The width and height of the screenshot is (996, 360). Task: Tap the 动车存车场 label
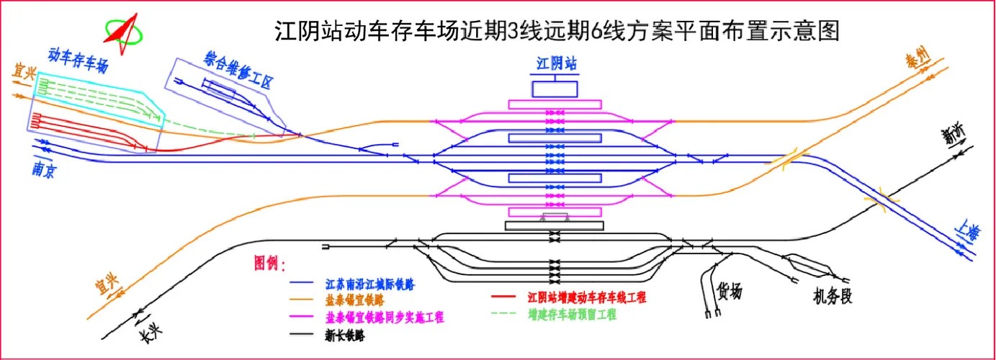click(x=78, y=61)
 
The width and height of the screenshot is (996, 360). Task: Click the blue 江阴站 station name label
click(x=555, y=63)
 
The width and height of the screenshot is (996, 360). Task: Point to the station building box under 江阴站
click(x=555, y=89)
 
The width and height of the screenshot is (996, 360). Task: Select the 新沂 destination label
click(x=956, y=134)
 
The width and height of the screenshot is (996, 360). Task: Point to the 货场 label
click(x=728, y=291)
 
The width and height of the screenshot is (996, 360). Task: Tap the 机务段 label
click(x=833, y=295)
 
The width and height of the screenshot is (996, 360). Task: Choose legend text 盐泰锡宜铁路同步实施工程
click(x=385, y=317)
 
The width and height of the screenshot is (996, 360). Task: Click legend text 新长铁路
click(x=345, y=334)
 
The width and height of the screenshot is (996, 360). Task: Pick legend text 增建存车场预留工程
click(x=572, y=314)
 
